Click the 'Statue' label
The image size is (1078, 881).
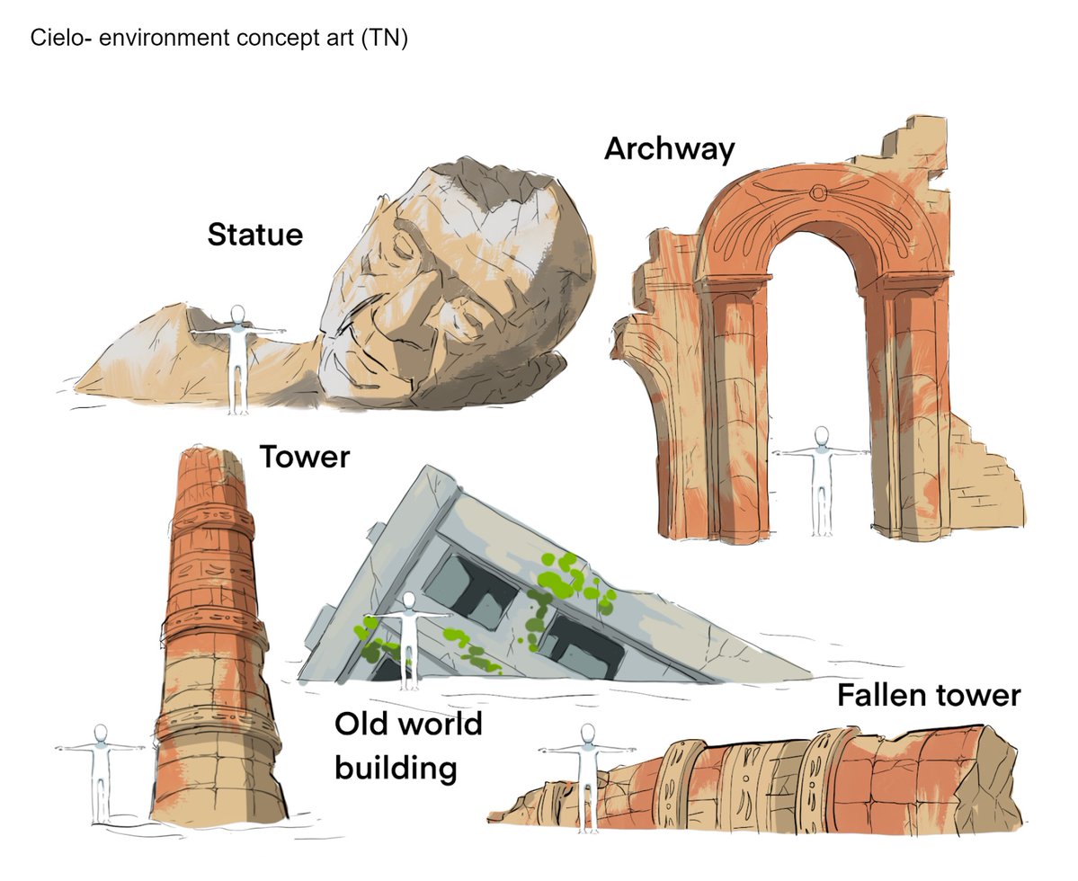[254, 235]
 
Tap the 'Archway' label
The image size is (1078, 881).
[669, 148]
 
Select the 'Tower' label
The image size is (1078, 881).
[304, 457]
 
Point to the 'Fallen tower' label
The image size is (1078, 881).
[929, 695]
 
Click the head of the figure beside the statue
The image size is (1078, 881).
[237, 314]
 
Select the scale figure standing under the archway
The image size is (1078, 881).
[820, 481]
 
